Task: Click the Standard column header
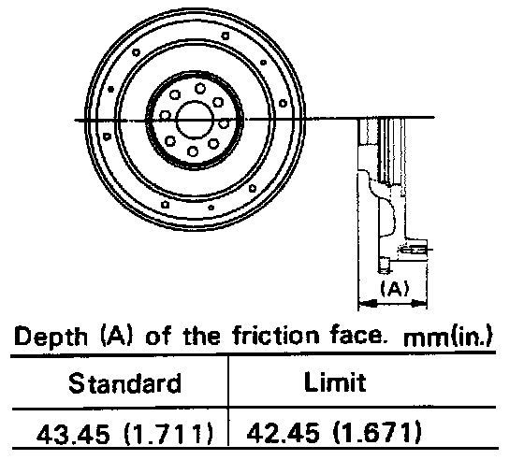(124, 383)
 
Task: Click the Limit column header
(335, 381)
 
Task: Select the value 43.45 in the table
(73, 435)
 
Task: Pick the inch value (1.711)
(168, 434)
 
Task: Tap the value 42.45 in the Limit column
(283, 433)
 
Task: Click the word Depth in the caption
(51, 337)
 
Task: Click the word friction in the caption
(276, 335)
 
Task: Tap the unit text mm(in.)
(448, 337)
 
